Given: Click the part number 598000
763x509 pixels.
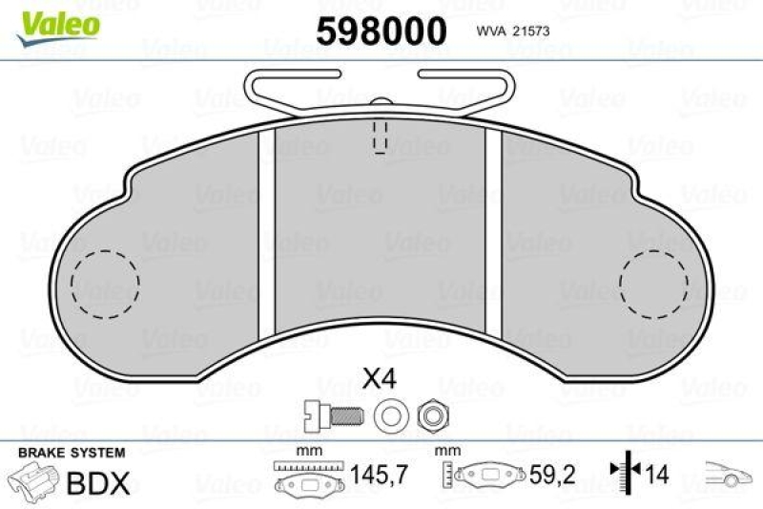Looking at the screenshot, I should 381,31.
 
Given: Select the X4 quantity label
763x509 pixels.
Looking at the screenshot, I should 379,379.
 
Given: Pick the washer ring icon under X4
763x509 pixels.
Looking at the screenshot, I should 386,414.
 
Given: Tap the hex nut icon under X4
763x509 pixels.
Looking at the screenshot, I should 428,414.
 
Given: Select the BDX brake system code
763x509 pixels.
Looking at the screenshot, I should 98,483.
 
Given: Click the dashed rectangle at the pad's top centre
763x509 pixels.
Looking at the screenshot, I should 379,138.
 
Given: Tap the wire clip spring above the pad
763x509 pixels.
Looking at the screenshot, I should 381,91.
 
